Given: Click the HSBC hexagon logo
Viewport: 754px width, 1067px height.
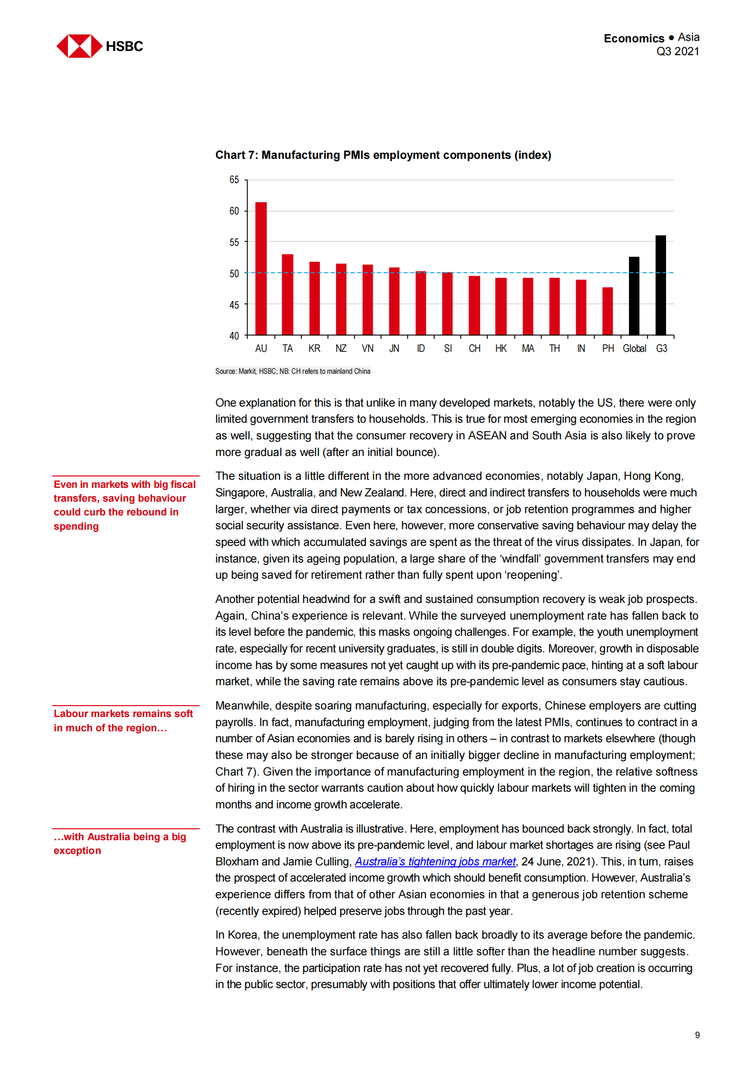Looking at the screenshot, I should (x=79, y=46).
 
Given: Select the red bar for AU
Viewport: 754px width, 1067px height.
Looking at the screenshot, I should (x=261, y=269).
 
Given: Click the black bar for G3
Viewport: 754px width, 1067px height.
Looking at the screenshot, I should (x=660, y=285).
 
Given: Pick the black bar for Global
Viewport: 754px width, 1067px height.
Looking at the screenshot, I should (x=634, y=296).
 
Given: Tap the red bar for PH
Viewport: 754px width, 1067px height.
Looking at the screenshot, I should (x=607, y=311).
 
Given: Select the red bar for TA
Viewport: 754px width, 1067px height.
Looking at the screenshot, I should (x=287, y=294).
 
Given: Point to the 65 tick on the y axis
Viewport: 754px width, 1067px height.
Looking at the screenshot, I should (x=234, y=180).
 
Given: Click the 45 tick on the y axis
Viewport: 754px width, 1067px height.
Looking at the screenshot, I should (x=234, y=304).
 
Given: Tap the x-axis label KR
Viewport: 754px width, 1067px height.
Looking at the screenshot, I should (x=314, y=349).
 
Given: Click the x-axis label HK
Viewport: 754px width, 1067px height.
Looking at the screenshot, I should (x=501, y=349).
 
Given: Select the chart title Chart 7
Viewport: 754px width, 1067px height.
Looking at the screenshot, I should (x=383, y=155).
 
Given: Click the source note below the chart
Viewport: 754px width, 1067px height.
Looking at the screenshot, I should (x=292, y=371).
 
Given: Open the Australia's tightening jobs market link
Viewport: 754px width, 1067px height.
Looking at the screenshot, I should (x=435, y=862).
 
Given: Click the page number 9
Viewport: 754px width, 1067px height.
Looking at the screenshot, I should (x=697, y=1035).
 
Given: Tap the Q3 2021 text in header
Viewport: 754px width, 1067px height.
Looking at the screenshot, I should (x=677, y=51).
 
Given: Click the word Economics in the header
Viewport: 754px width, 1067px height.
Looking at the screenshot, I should (x=633, y=38).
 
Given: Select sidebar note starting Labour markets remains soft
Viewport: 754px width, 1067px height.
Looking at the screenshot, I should (x=123, y=720).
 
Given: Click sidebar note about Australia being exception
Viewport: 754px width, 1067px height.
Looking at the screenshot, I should (x=119, y=844).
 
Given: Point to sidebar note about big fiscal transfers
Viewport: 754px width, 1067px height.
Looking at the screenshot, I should (x=124, y=505).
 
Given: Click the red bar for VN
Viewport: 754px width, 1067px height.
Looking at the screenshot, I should (x=367, y=300).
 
